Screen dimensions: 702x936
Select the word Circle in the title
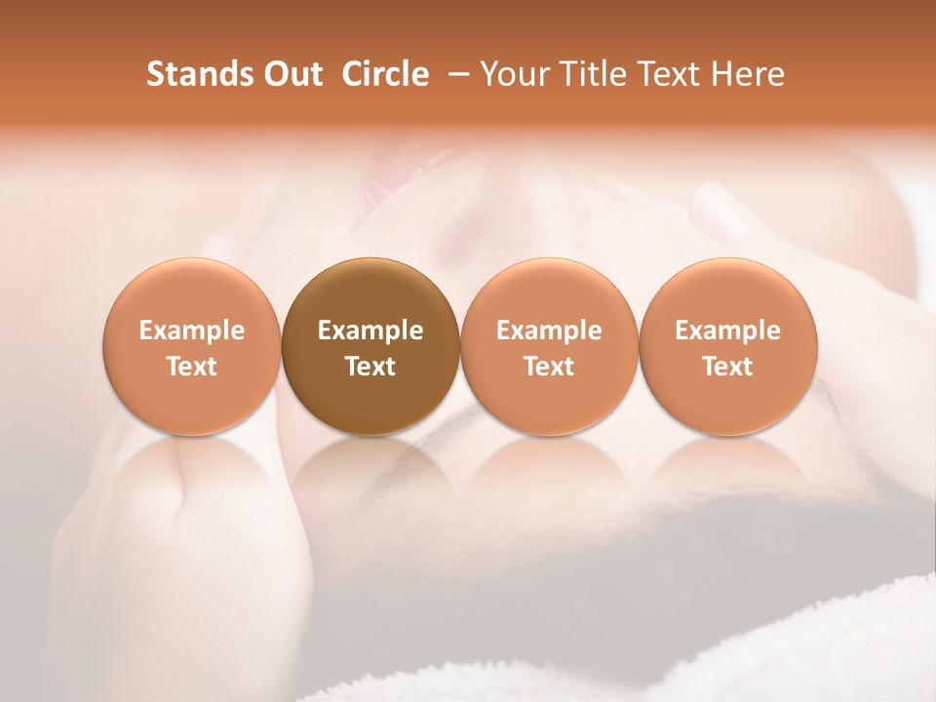point(385,74)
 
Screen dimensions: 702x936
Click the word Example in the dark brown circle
point(370,331)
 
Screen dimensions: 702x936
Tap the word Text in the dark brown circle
point(370,367)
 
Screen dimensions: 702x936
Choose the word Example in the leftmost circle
point(192,331)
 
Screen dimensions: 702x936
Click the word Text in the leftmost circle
point(192,367)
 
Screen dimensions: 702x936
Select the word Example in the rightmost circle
point(728,331)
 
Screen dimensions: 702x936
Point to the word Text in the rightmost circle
point(728,367)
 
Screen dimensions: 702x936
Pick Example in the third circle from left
point(549,331)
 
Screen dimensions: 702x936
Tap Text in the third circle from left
point(549,367)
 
